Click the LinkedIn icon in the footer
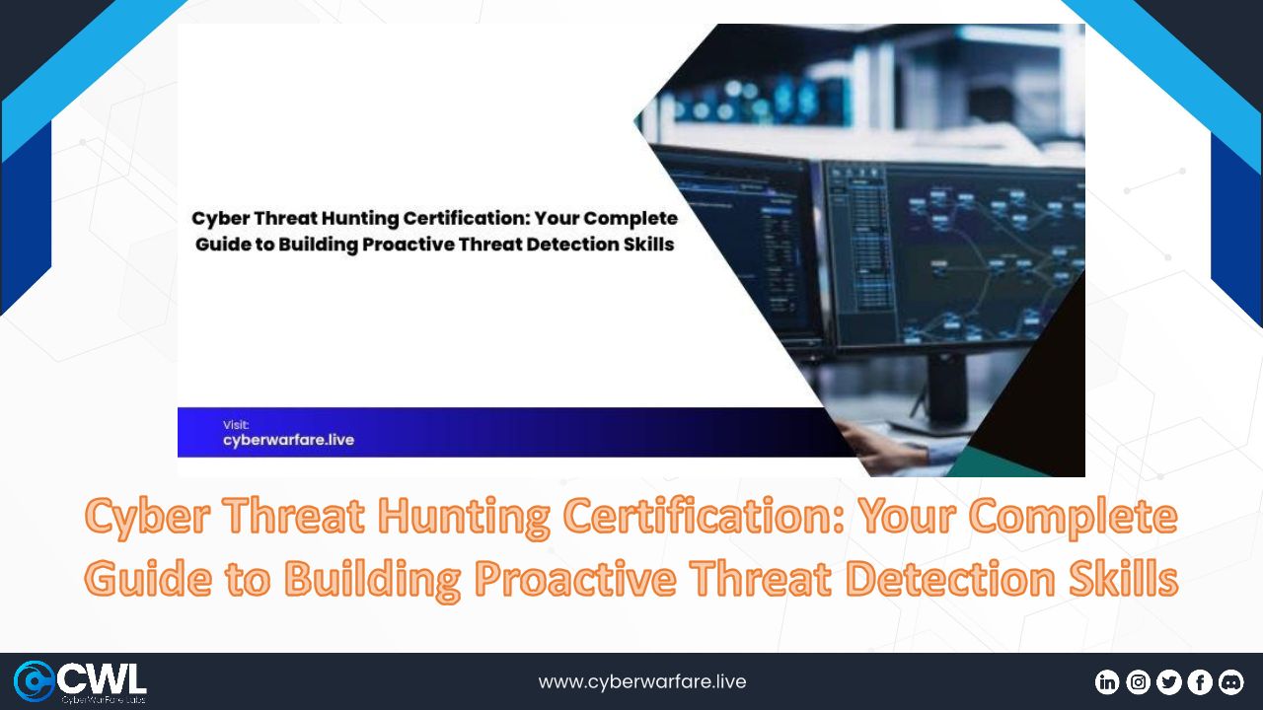click(x=1107, y=682)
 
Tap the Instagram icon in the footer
click(x=1138, y=682)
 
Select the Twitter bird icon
click(x=1169, y=682)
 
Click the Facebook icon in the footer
click(x=1200, y=682)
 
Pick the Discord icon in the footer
click(x=1230, y=682)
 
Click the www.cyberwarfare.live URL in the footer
click(x=642, y=681)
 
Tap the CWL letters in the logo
click(x=102, y=679)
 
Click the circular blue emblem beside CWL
click(x=34, y=681)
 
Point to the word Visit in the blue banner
click(x=236, y=425)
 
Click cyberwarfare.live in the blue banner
click(x=289, y=440)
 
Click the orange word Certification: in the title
click(x=705, y=516)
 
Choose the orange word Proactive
click(x=574, y=578)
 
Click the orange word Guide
click(x=148, y=578)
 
